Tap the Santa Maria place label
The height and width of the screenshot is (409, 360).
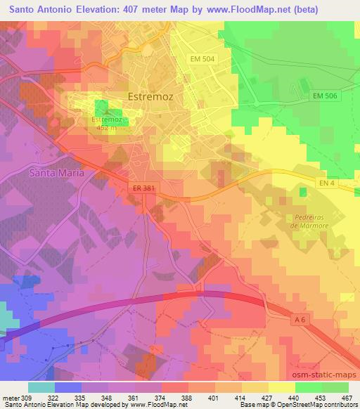pos(57,172)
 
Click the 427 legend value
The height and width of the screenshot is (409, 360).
pos(266,397)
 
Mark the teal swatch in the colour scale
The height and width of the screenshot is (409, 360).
pos(41,387)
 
